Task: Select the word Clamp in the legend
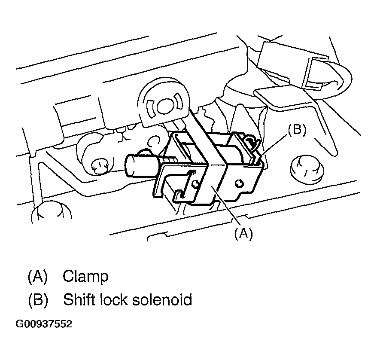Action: click(x=85, y=276)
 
